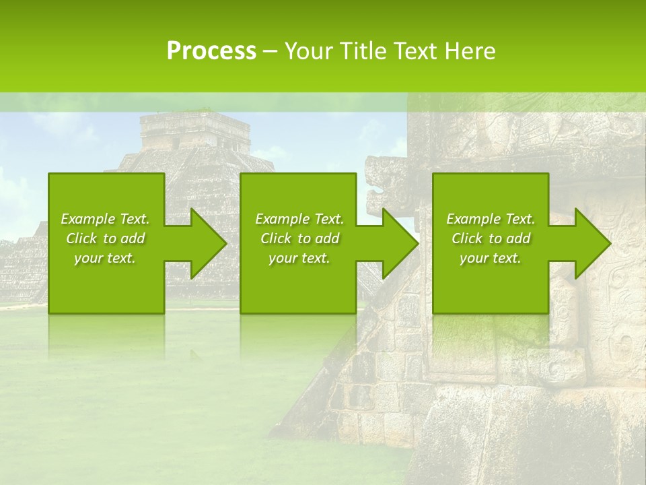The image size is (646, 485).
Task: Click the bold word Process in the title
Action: click(x=211, y=51)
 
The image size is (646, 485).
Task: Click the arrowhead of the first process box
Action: click(x=208, y=243)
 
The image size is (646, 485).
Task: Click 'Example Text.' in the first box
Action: click(x=105, y=219)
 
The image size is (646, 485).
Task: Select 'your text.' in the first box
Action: click(x=105, y=258)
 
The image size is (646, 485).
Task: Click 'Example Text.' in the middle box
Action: click(x=299, y=219)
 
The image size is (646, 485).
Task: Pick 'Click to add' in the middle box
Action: click(x=299, y=238)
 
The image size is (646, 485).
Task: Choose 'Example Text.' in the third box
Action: click(x=491, y=219)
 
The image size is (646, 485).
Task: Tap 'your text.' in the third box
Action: click(x=491, y=258)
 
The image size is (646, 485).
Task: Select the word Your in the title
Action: click(x=309, y=51)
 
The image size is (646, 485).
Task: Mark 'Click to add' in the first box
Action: click(x=105, y=238)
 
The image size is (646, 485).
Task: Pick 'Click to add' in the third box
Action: click(x=491, y=238)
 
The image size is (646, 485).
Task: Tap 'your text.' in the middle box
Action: click(x=299, y=258)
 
